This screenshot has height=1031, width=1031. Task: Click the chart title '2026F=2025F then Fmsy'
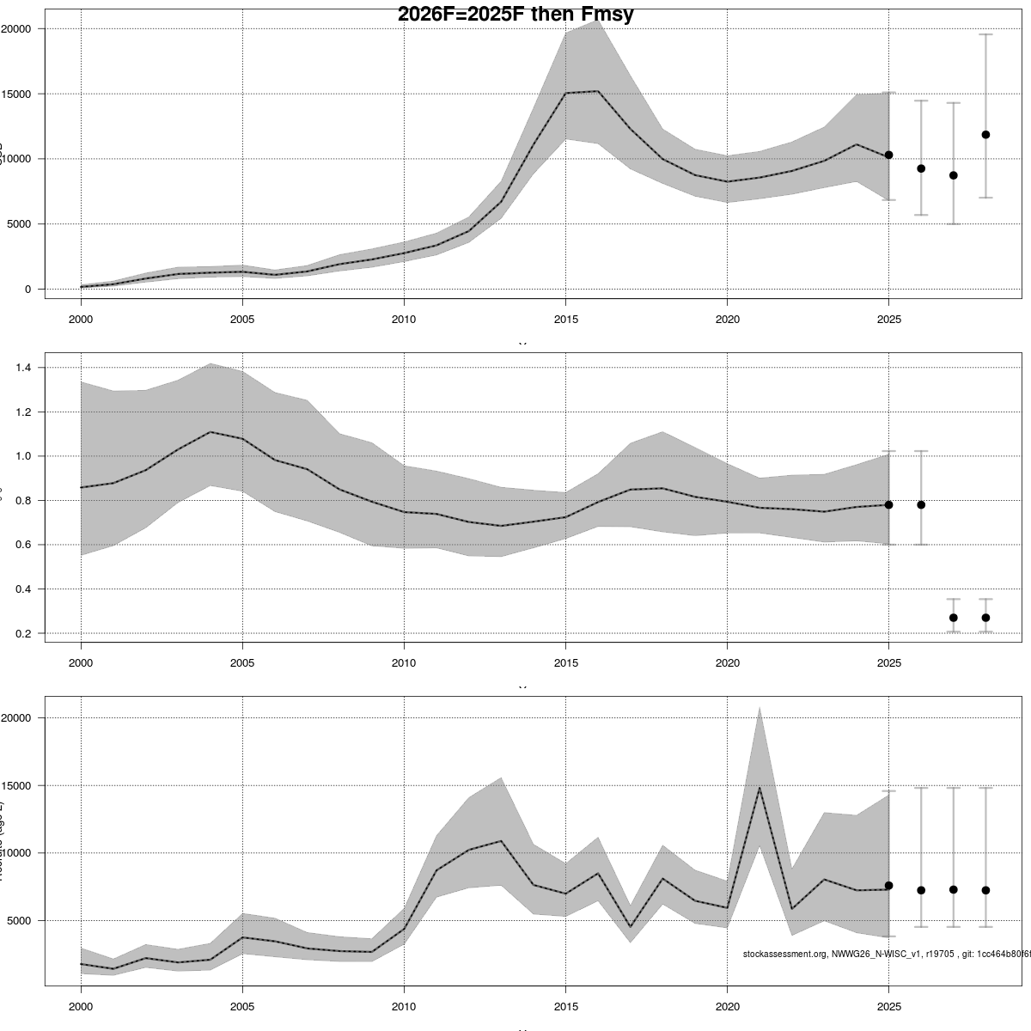tap(515, 15)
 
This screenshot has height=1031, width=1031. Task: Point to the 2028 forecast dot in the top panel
tap(985, 135)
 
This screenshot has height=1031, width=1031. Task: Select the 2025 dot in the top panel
tap(889, 155)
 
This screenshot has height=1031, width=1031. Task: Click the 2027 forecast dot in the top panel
tap(953, 175)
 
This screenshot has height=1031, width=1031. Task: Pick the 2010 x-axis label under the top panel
tap(403, 320)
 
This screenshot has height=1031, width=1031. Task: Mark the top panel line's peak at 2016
tap(598, 91)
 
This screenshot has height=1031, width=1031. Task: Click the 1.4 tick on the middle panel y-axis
tap(23, 368)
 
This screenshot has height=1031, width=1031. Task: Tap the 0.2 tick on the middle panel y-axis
tap(23, 633)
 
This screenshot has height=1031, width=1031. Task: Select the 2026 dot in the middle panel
tap(921, 505)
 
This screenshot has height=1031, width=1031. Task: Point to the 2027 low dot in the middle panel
tap(953, 618)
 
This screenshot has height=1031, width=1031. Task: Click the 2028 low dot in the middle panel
tap(985, 618)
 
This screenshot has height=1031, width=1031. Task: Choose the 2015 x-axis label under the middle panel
tap(564, 663)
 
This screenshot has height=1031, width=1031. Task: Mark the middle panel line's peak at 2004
tap(210, 432)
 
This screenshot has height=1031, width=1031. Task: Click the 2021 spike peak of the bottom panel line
tap(760, 788)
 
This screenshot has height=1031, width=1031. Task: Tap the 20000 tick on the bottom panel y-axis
tap(16, 718)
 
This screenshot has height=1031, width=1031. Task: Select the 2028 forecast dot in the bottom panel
tap(985, 890)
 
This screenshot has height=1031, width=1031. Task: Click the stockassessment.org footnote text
tap(885, 954)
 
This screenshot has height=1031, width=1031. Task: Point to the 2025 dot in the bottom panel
tap(889, 885)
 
